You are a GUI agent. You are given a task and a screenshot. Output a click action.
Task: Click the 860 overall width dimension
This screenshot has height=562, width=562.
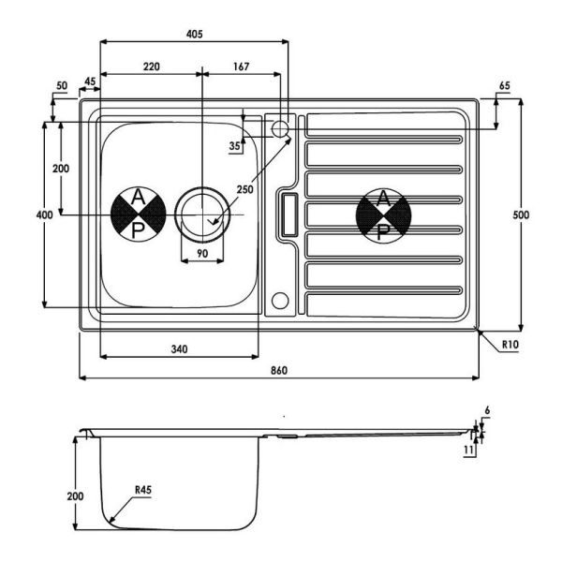(x=279, y=370)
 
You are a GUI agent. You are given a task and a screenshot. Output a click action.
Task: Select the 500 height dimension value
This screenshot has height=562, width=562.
(x=521, y=214)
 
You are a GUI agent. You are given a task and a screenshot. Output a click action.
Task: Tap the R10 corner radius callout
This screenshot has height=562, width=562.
(x=510, y=345)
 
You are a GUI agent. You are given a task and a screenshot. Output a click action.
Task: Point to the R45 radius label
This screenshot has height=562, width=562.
(x=143, y=490)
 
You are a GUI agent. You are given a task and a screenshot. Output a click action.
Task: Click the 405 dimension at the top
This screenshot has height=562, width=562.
(x=194, y=34)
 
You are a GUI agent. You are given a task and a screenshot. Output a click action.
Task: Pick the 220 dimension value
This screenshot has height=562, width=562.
(x=152, y=67)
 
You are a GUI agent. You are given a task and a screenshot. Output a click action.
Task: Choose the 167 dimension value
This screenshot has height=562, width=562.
(x=241, y=67)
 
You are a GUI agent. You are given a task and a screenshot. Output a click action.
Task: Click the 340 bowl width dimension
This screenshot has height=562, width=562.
(x=179, y=349)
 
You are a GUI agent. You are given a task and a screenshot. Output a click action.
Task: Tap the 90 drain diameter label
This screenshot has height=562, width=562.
(x=202, y=254)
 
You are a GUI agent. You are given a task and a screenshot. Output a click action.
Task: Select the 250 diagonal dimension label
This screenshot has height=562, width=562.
(x=244, y=189)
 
